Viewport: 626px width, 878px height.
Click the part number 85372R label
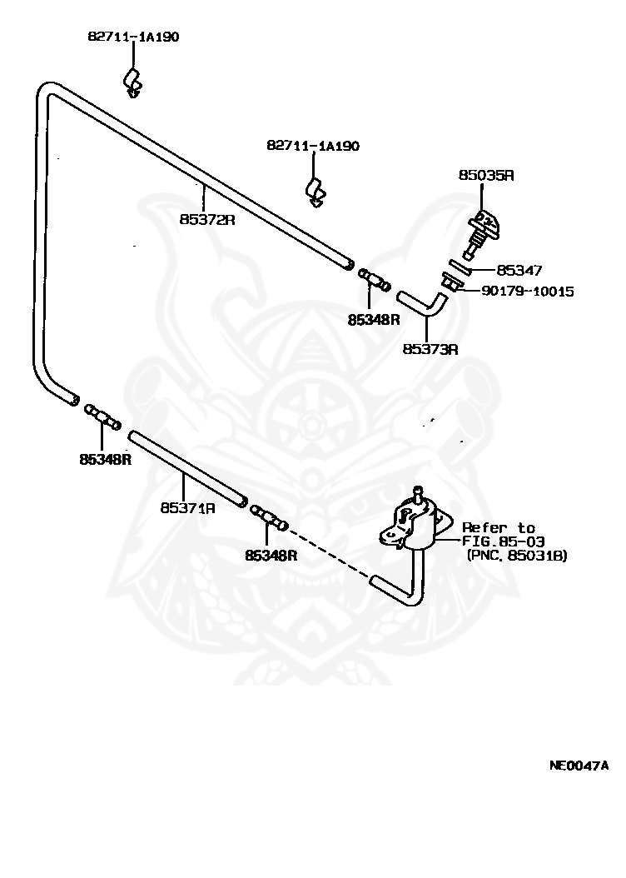pyautogui.click(x=207, y=220)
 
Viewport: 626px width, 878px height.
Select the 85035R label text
pyautogui.click(x=486, y=175)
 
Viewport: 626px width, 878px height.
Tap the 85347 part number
pyautogui.click(x=519, y=271)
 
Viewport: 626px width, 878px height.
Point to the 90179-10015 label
pyautogui.click(x=528, y=292)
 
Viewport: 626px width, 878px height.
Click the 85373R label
pyautogui.click(x=430, y=349)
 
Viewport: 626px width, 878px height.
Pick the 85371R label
pyautogui.click(x=187, y=508)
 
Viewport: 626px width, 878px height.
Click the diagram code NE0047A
pyautogui.click(x=579, y=766)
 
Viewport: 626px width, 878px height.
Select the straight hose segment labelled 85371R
pyautogui.click(x=187, y=469)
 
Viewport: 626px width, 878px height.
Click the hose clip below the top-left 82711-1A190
pyautogui.click(x=132, y=82)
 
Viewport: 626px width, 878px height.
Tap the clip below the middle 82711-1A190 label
pyautogui.click(x=315, y=193)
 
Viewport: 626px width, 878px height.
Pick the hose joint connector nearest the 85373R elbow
pyautogui.click(x=374, y=279)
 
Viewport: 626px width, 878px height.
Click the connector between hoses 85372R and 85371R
pyautogui.click(x=103, y=417)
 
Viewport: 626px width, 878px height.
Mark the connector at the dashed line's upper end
pyautogui.click(x=269, y=517)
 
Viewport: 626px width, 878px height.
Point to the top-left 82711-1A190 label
pyautogui.click(x=133, y=37)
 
